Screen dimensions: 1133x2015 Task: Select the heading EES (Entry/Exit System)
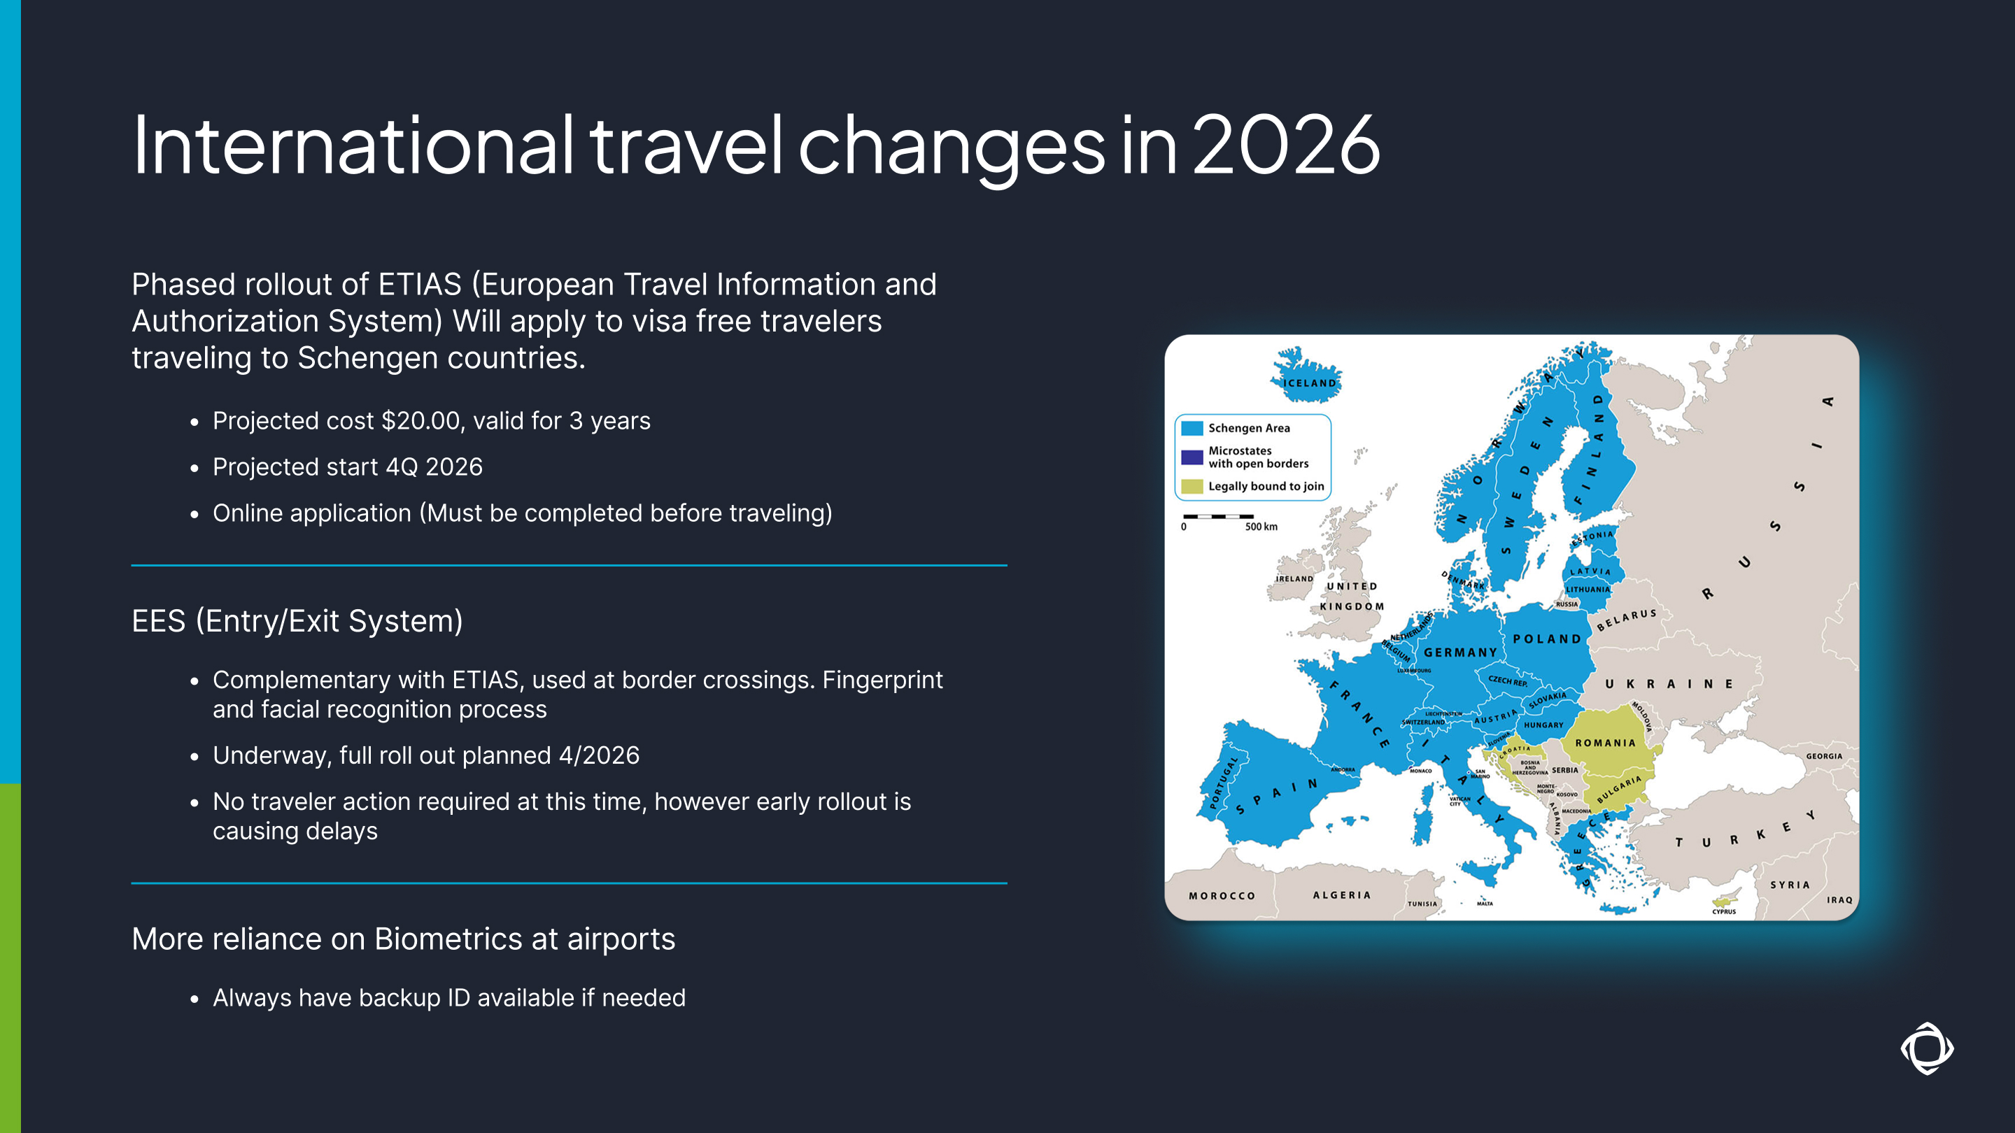click(297, 621)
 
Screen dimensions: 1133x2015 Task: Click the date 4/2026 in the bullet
click(598, 755)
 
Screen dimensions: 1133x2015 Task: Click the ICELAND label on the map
click(1310, 383)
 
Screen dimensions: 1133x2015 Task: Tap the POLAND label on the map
click(1546, 639)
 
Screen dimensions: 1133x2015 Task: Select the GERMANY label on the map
click(1459, 652)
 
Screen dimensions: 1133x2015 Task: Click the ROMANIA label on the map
click(1605, 743)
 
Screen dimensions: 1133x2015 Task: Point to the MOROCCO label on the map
click(1222, 896)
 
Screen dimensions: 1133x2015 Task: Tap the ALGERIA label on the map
click(1341, 895)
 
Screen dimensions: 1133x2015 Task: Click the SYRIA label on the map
click(1790, 885)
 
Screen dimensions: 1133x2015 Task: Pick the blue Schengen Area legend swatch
click(1192, 429)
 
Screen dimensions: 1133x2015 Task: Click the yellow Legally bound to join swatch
click(1192, 486)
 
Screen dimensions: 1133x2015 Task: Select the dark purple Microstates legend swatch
click(1192, 457)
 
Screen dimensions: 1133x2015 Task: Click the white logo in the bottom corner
click(1927, 1048)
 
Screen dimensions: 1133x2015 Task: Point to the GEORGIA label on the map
click(1823, 756)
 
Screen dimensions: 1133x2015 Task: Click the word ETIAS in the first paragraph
click(419, 285)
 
